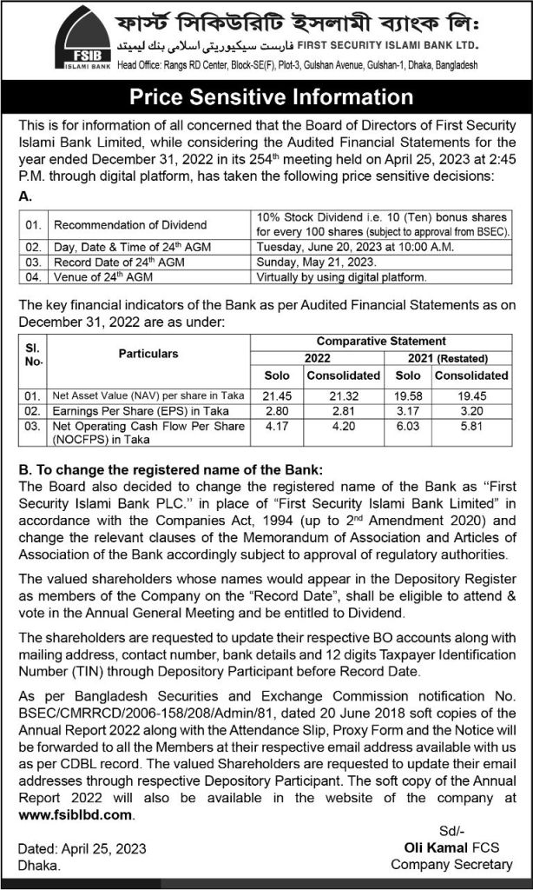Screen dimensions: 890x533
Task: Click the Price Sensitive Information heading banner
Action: [266, 96]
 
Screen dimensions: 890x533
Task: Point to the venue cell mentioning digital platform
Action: [341, 277]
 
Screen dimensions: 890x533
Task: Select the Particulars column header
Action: [149, 354]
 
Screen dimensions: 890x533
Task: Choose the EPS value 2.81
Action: [343, 411]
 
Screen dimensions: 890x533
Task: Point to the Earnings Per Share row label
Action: [128, 411]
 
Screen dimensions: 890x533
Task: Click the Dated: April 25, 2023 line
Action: [82, 849]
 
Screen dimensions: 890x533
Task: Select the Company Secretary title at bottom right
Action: [451, 865]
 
